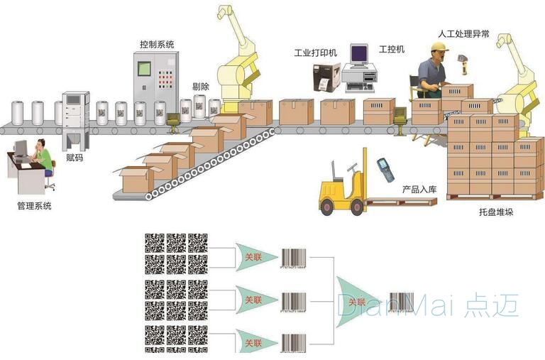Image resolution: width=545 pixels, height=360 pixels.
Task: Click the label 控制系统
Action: click(157, 44)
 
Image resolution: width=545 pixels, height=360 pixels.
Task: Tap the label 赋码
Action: click(74, 157)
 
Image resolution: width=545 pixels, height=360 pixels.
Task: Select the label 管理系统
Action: click(33, 206)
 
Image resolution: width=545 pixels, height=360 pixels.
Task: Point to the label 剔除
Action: click(201, 87)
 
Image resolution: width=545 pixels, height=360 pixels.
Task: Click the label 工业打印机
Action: click(316, 53)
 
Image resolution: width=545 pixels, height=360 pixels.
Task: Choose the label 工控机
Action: click(392, 49)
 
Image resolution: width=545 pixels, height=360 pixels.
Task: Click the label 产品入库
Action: click(419, 190)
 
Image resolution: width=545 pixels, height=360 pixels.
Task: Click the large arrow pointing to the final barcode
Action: click(359, 301)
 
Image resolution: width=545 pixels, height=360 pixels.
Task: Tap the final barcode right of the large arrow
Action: click(401, 300)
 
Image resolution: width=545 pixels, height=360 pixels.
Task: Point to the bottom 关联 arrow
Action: click(254, 342)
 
